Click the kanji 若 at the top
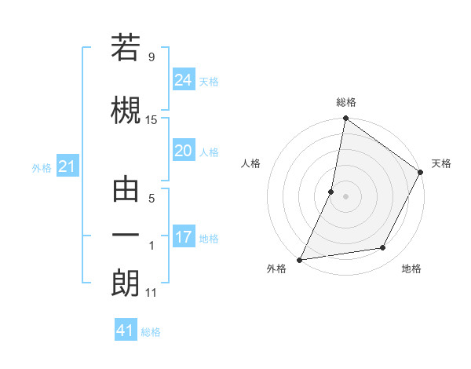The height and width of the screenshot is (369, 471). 126,49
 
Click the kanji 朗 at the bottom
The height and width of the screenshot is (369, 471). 126,283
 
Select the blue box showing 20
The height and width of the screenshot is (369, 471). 184,151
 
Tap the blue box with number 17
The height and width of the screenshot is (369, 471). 184,237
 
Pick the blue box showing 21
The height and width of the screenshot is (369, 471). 67,166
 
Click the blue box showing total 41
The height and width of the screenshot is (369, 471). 126,331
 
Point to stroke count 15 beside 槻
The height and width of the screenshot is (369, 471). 152,119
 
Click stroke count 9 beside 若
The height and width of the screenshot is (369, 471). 151,57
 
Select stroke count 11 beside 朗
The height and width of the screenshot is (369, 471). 152,293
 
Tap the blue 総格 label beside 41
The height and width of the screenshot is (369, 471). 151,332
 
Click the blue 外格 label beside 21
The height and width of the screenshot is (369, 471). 42,168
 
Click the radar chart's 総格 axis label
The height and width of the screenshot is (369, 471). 345,102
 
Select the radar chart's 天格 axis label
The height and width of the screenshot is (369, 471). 441,163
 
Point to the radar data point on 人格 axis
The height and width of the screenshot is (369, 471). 331,192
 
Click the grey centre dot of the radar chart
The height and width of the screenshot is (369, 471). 345,196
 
